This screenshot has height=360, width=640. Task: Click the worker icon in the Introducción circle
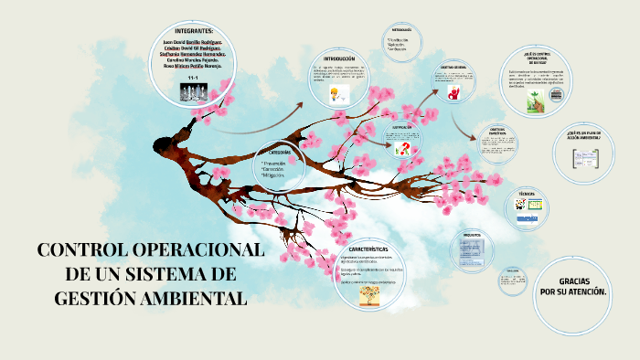tap(336, 94)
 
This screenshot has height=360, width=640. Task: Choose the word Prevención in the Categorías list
tap(274, 163)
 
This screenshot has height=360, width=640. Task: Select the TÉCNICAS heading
tap(527, 195)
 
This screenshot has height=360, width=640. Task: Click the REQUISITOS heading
tap(473, 234)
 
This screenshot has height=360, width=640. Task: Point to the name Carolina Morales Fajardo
tap(193, 60)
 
